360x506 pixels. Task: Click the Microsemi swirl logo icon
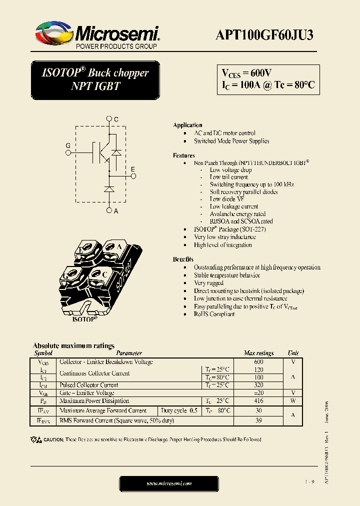pos(54,34)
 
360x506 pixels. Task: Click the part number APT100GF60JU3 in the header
pos(264,34)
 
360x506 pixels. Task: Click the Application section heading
pos(187,125)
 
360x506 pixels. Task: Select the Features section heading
pos(183,155)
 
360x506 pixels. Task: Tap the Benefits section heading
pos(183,259)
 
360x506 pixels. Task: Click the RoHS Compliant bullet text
pos(214,314)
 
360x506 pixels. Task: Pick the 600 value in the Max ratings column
pos(258,362)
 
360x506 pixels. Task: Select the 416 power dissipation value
pos(258,401)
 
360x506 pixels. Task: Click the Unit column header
pos(293,353)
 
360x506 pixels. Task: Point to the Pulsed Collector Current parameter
pos(88,385)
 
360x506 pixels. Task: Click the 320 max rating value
pos(258,385)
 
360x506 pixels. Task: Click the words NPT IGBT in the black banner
pos(95,85)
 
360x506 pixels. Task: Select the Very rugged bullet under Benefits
pos(209,283)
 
